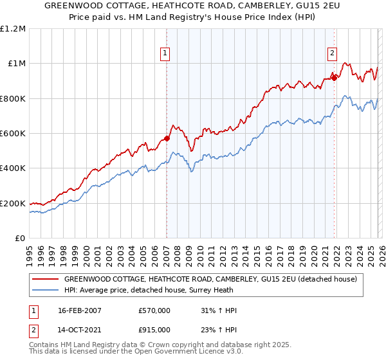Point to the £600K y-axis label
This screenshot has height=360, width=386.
14,133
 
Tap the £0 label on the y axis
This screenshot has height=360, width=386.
21,239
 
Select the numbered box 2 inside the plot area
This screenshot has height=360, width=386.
332,54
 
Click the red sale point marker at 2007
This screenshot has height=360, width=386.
167,138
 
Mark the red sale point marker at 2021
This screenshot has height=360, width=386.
334,78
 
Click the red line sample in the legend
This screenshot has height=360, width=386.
46,280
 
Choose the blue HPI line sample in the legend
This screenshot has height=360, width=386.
46,290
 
